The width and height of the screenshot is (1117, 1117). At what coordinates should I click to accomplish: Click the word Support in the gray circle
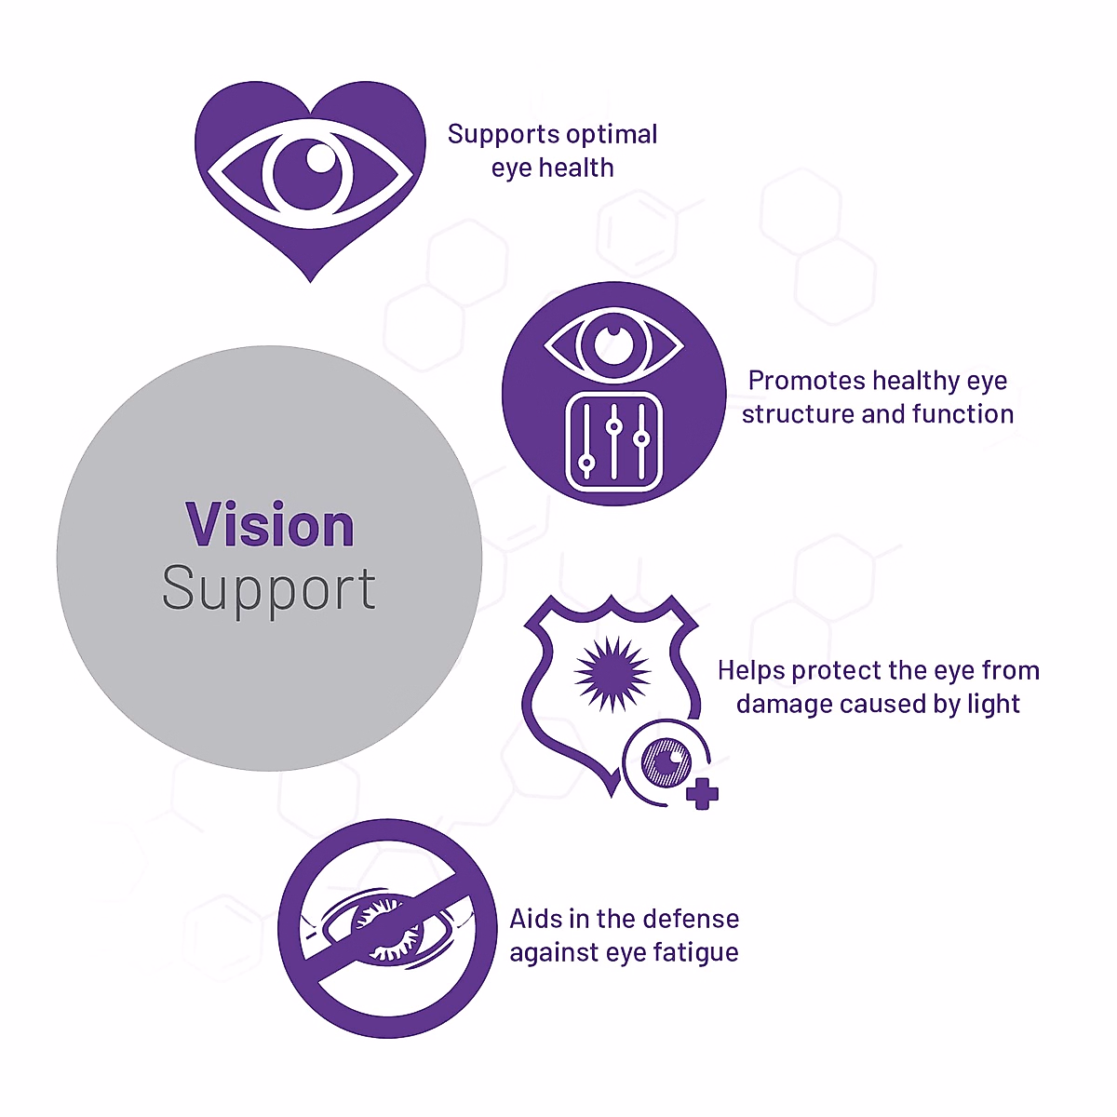(269, 589)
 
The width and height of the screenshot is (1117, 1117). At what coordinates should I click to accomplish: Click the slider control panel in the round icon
(613, 442)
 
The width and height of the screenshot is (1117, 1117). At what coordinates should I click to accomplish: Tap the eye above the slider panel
(613, 343)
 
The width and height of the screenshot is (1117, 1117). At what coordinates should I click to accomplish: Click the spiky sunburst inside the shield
(612, 672)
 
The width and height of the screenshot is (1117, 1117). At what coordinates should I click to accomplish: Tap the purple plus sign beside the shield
(702, 794)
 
